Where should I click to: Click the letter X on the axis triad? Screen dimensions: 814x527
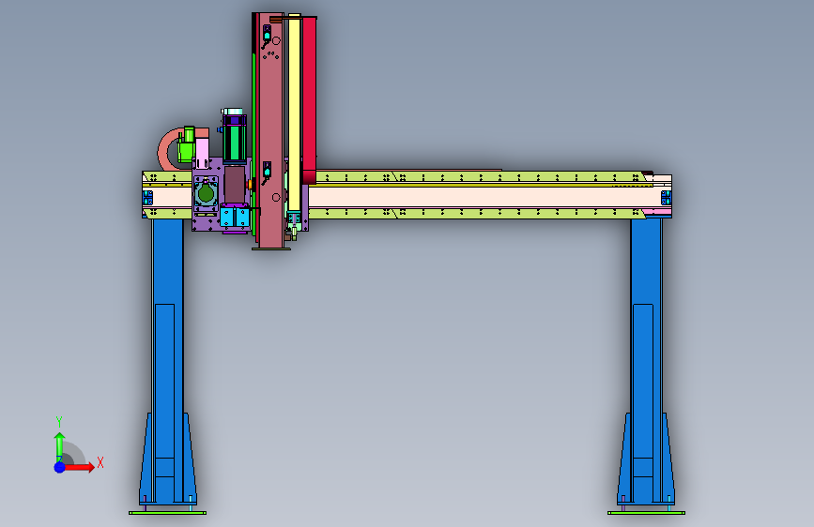100,462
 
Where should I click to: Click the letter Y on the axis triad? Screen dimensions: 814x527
59,422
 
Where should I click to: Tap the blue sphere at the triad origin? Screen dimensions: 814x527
60,467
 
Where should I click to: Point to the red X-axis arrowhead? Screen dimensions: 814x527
90,467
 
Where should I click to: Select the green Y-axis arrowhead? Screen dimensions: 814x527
60,437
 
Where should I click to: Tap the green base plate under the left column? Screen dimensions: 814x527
167,513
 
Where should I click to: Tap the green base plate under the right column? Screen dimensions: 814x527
646,513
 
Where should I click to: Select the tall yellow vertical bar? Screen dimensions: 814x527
295,113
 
